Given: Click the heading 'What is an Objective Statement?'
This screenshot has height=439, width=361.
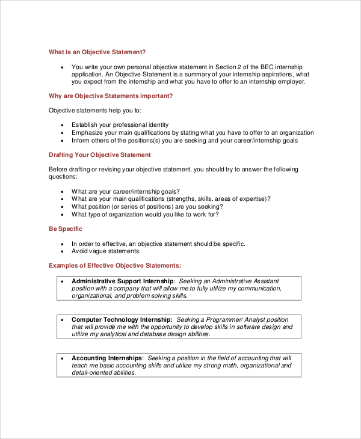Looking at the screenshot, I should (x=97, y=52).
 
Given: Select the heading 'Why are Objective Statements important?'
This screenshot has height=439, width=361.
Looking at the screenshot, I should (x=111, y=96).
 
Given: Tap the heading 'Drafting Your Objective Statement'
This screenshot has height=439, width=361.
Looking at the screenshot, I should (x=99, y=155).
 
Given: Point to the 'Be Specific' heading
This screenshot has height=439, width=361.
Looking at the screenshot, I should (x=66, y=229).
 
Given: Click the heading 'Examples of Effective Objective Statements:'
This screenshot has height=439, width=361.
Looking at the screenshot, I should (x=115, y=265).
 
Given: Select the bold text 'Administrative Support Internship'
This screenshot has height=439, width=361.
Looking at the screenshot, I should (x=123, y=281).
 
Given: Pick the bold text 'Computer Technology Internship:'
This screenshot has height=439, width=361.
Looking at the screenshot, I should (x=122, y=319).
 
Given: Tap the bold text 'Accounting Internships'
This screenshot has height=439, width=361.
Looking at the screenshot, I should (x=107, y=358).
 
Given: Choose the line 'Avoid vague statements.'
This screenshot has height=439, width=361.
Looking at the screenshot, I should (x=106, y=251).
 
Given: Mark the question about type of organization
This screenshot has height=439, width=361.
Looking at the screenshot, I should (x=145, y=215).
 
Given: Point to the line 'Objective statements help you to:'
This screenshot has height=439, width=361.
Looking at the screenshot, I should (x=95, y=111).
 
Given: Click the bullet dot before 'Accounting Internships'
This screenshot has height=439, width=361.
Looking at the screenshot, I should (x=63, y=358).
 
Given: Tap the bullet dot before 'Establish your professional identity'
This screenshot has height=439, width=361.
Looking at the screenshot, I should (x=63, y=125).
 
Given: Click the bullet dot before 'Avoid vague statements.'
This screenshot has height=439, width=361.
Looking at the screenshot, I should (x=63, y=251).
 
